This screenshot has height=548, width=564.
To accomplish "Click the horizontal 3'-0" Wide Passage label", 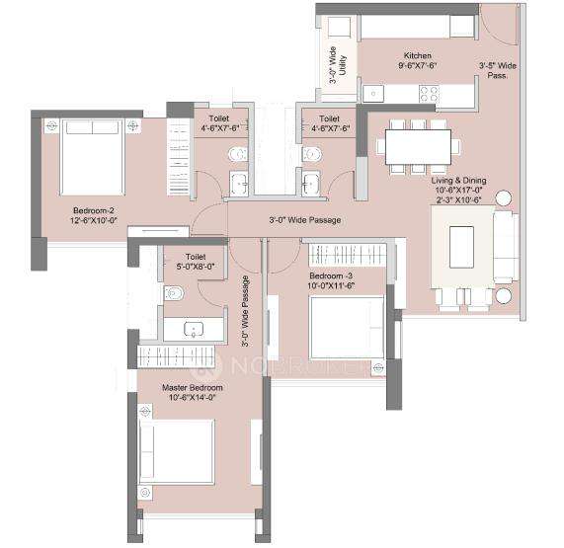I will pyautogui.click(x=304, y=219).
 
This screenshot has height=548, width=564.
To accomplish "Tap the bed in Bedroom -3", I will pyautogui.click(x=347, y=329).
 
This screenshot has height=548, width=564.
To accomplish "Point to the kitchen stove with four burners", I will pyautogui.click(x=430, y=94).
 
